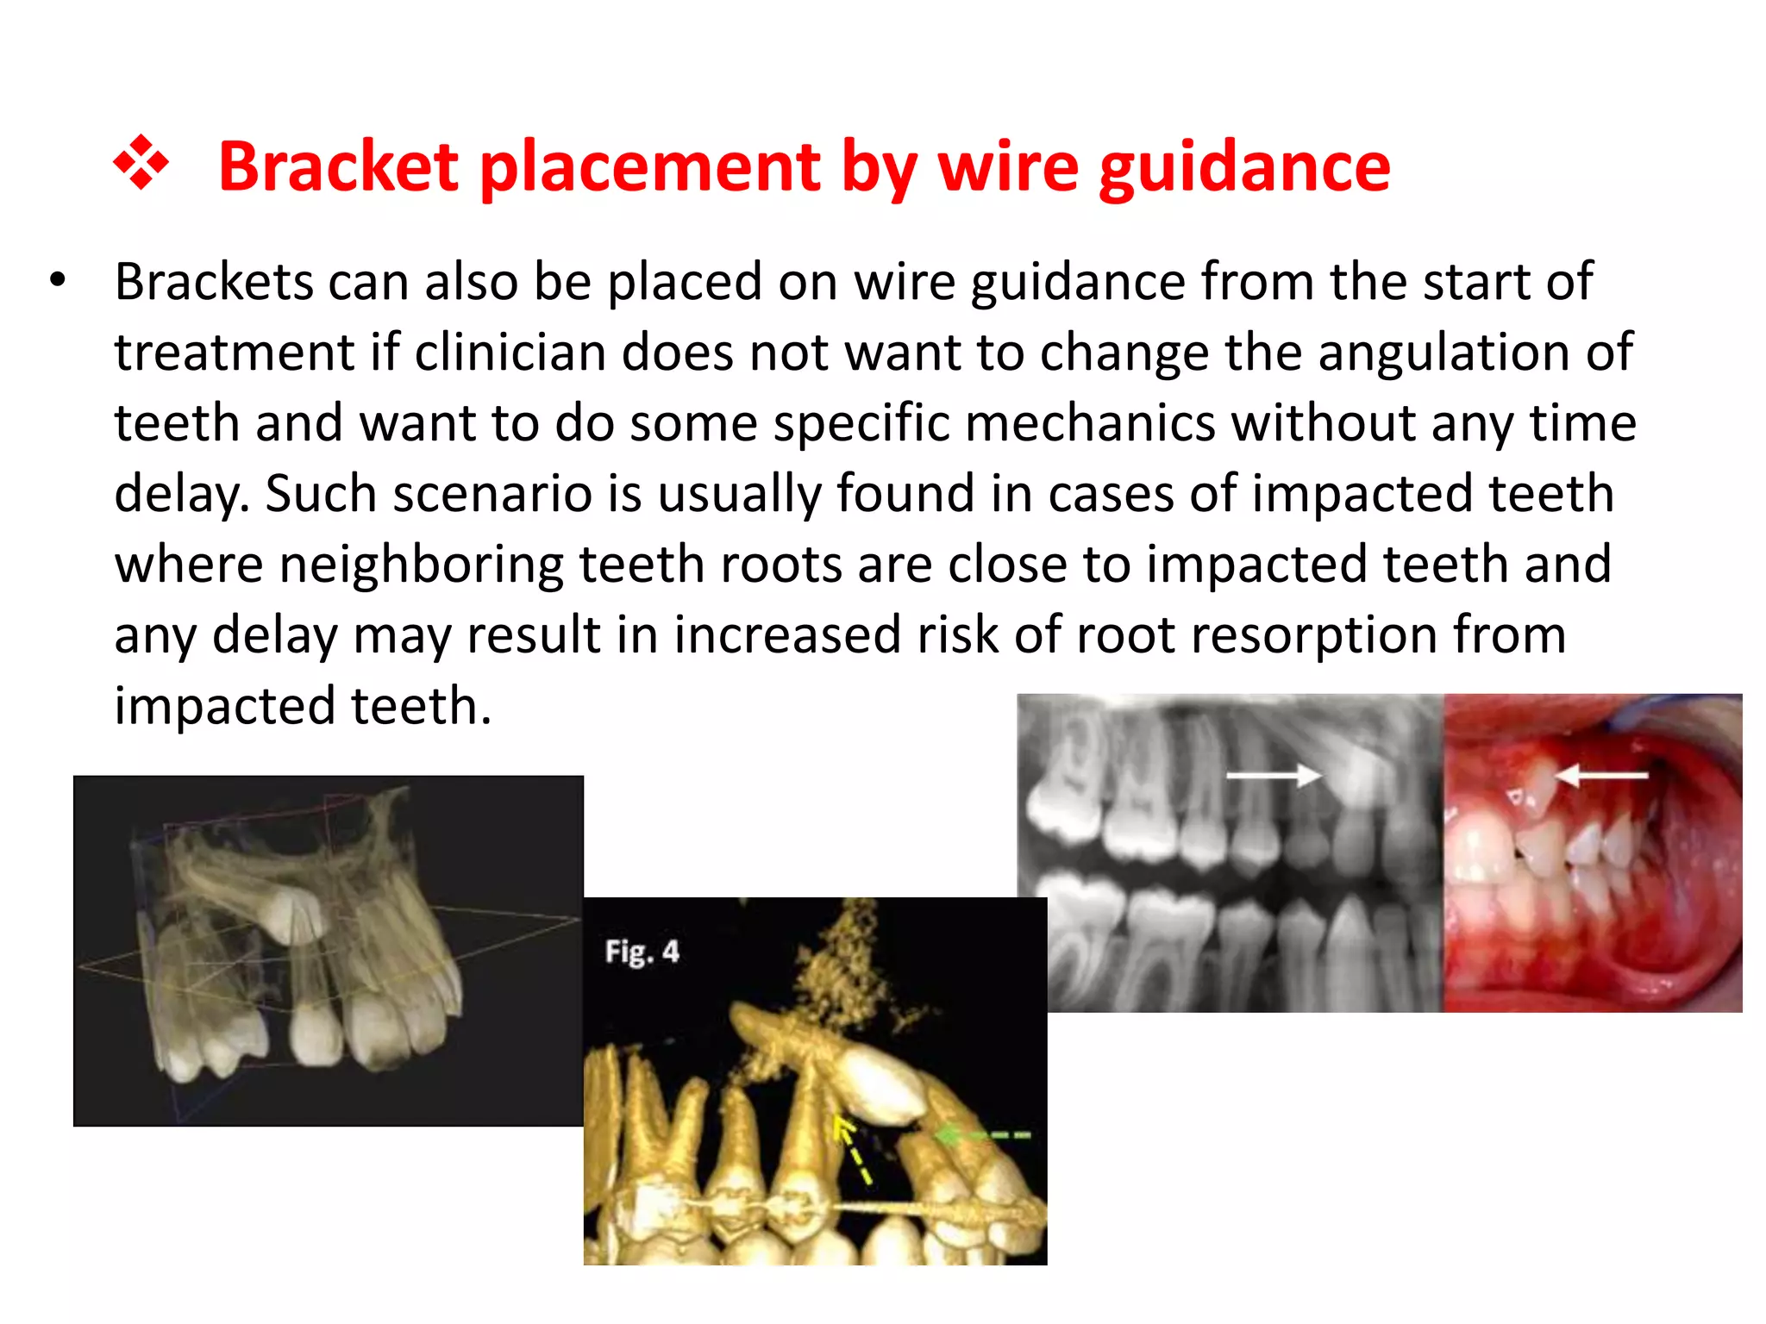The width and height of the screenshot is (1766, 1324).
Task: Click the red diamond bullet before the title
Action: [x=141, y=163]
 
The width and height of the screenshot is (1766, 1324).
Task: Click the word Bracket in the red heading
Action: [x=338, y=166]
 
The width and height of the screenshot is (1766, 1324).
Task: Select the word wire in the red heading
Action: [x=1008, y=166]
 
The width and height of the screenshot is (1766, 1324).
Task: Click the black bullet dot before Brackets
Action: [x=58, y=280]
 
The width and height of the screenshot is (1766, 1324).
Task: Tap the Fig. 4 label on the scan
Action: [x=642, y=952]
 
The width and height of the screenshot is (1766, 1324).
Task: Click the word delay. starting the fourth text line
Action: [x=181, y=494]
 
